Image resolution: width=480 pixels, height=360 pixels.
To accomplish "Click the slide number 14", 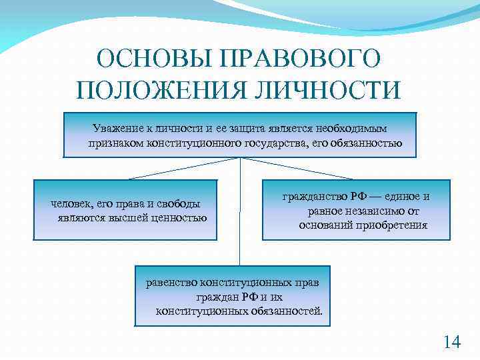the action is click(x=451, y=342).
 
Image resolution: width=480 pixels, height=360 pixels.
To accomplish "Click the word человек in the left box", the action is click(x=69, y=204).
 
